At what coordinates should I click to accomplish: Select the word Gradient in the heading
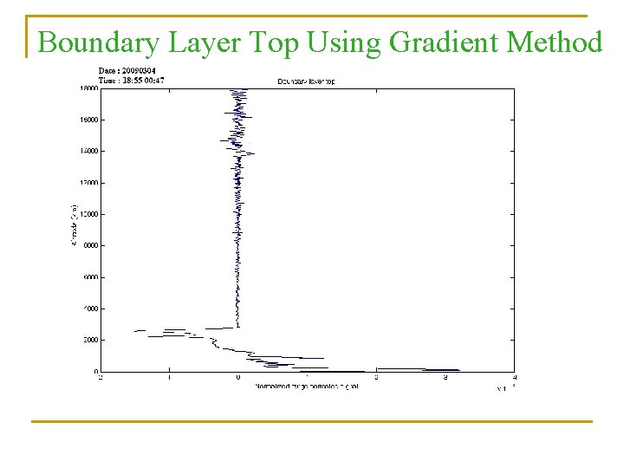tap(438, 42)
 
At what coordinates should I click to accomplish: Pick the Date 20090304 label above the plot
tap(127, 71)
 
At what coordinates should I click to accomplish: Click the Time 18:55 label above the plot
tap(132, 81)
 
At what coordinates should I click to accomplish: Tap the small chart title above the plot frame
tap(307, 81)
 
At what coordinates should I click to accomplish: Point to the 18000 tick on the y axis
tap(88, 88)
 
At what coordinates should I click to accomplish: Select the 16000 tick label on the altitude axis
tap(88, 120)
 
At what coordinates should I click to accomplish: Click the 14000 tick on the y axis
tap(88, 152)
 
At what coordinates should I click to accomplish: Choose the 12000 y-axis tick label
tap(88, 183)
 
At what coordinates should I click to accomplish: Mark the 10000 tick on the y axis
tap(88, 214)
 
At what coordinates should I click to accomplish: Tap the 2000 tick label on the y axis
tap(88, 340)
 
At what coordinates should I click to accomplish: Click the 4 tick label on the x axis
tap(515, 378)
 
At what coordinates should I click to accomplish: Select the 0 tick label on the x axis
tap(238, 378)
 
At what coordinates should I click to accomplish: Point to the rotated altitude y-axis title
tap(72, 224)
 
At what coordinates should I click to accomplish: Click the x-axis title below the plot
tap(307, 386)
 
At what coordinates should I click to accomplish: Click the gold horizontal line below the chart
tap(312, 421)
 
